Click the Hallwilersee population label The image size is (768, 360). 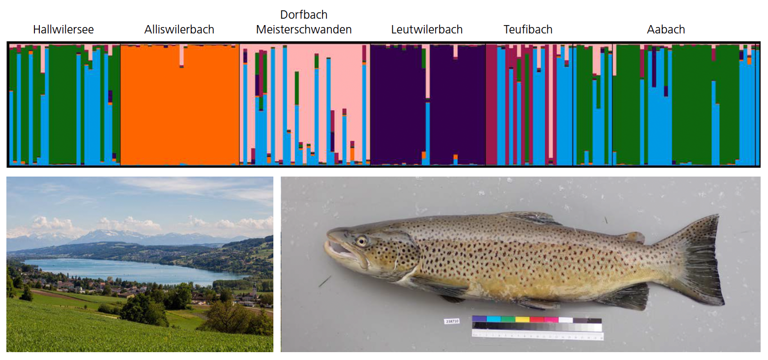click(x=63, y=30)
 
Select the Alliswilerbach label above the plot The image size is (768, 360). click(x=179, y=30)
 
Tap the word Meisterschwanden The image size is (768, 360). click(x=304, y=30)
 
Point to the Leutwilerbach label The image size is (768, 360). click(x=427, y=30)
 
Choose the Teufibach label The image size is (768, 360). click(x=528, y=30)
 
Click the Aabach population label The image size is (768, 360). click(x=666, y=30)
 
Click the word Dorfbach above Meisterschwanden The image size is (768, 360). click(x=304, y=15)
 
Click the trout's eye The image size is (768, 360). click(x=362, y=241)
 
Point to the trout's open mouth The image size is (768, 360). click(x=339, y=249)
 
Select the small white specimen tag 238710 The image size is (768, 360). click(x=451, y=321)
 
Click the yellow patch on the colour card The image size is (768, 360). click(x=522, y=319)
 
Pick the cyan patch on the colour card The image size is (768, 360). click(x=493, y=319)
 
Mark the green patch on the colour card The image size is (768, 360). click(x=507, y=319)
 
